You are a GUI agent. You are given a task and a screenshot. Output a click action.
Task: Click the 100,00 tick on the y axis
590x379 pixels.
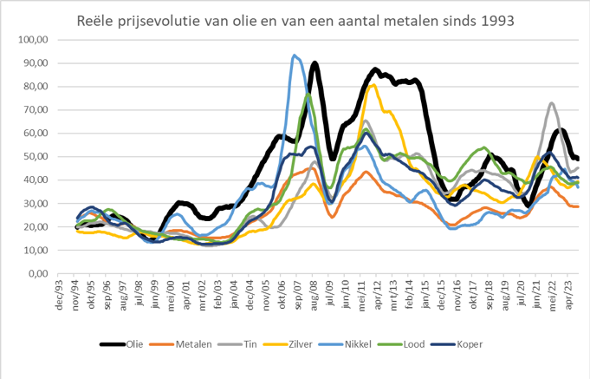(30, 40)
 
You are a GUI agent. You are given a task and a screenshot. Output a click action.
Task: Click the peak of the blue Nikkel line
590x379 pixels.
(295, 56)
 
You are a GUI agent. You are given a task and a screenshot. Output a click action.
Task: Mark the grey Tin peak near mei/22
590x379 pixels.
(552, 103)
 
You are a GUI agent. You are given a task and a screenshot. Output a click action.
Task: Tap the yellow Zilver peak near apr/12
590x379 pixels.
(373, 85)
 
